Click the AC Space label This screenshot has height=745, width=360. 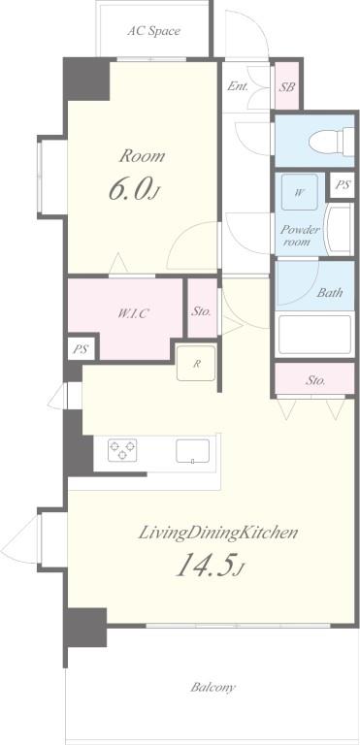(x=153, y=31)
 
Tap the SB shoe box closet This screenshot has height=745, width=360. (x=287, y=86)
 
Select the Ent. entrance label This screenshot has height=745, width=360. (x=238, y=86)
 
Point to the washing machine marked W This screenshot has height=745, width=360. (x=300, y=192)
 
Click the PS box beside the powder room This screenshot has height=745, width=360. (x=343, y=185)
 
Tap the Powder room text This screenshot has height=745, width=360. (x=300, y=236)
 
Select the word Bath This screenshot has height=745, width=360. (x=330, y=292)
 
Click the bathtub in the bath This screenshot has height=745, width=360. (x=314, y=334)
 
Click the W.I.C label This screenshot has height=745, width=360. (x=133, y=313)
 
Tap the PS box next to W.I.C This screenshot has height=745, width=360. (x=81, y=349)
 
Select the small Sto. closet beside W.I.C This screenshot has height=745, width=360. (x=203, y=308)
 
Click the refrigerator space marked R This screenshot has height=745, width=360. (x=196, y=364)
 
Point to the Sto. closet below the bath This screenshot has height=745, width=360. (x=314, y=379)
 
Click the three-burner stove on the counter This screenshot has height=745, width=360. (x=122, y=450)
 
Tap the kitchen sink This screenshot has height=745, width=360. (x=192, y=451)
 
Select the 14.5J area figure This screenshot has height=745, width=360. (x=211, y=565)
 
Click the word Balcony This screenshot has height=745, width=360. (x=213, y=687)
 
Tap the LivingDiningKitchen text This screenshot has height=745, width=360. (x=218, y=534)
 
